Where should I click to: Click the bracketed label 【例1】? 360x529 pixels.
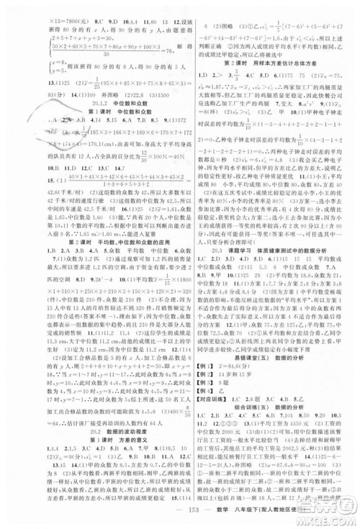tap(198, 383)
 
